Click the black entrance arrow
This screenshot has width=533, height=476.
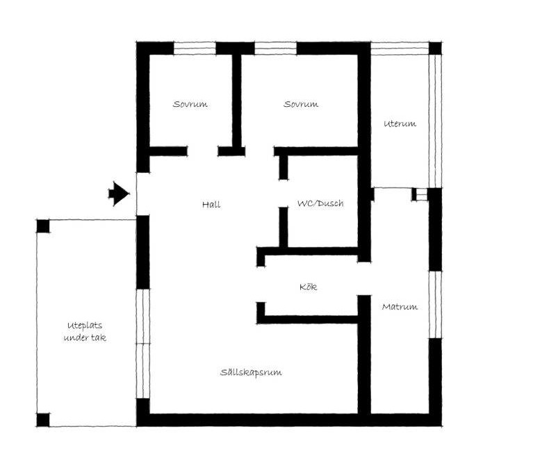click(x=119, y=194)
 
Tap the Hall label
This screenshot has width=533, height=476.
click(x=211, y=205)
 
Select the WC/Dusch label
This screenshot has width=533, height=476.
click(x=320, y=203)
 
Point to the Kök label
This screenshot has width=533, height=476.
click(x=308, y=287)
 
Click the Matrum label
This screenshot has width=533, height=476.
click(x=400, y=307)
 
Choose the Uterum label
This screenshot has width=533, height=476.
click(x=400, y=124)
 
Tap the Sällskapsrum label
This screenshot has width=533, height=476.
click(x=251, y=372)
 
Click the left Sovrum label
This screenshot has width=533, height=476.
click(x=190, y=104)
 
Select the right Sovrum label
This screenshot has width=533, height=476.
click(x=301, y=104)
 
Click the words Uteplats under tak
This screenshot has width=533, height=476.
click(x=85, y=332)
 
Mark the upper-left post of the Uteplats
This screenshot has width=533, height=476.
click(x=43, y=226)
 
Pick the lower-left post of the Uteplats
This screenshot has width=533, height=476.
click(x=43, y=420)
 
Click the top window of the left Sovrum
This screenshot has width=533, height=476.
click(x=195, y=48)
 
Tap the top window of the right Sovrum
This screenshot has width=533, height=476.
click(x=276, y=48)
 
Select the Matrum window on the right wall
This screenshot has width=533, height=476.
click(x=435, y=305)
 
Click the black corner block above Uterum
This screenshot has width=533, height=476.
click(x=435, y=48)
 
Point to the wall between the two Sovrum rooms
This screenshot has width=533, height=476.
click(x=237, y=101)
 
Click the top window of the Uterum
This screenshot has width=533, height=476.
click(x=400, y=48)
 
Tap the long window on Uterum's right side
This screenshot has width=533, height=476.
click(x=435, y=121)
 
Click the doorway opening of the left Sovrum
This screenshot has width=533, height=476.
click(x=203, y=151)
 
